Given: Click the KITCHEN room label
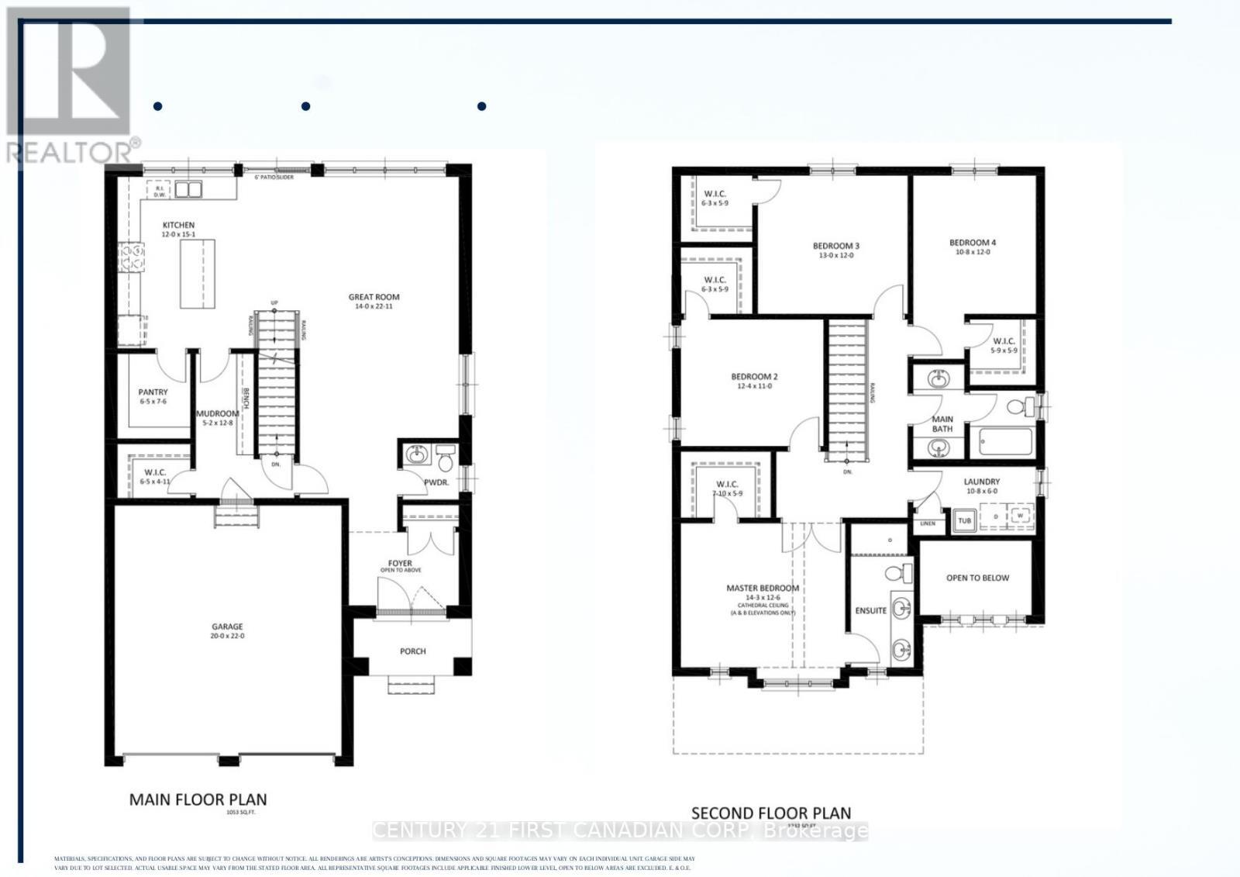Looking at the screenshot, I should coord(178,225).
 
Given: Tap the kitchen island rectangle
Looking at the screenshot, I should coord(198,274).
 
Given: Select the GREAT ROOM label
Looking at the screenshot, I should coord(374,297).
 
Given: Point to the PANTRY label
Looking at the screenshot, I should coord(153,392).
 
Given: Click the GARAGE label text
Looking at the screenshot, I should coord(227,627).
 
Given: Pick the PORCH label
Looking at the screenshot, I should coord(412,651).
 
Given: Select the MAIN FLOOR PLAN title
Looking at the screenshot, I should coord(198,799).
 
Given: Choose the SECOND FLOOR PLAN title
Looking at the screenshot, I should coord(770,813).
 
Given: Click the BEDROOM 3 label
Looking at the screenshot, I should coord(836,246).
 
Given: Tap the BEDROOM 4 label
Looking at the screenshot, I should coord(973,243).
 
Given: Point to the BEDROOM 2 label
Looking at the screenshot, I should coord(754,377).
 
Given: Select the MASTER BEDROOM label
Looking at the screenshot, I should coord(762,588).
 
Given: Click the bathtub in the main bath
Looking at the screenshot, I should coord(1005,442).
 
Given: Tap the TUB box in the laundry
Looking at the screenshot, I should coord(964,520).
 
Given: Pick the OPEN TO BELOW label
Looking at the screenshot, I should coord(977,578).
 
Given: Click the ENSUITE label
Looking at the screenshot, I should coord(870,610).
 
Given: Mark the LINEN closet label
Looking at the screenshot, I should coord(928,523).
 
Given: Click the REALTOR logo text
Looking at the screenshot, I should coord(71,152).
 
